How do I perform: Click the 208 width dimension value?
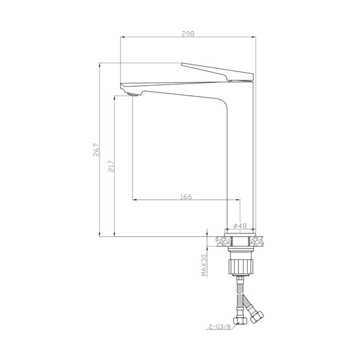[188, 34]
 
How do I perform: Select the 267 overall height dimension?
[97, 149]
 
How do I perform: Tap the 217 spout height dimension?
[112, 166]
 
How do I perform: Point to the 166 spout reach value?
[186, 197]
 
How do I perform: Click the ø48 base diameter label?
[240, 226]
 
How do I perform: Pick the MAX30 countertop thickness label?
[204, 265]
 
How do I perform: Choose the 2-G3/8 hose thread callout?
[219, 326]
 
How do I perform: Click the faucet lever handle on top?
[217, 71]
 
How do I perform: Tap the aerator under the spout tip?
[133, 94]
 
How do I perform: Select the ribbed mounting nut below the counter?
[241, 267]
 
